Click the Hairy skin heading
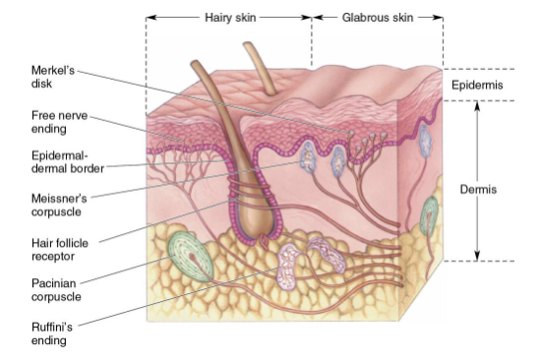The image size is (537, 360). [229, 17]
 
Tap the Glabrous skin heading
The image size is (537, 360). [378, 17]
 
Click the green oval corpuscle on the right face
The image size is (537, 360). [430, 214]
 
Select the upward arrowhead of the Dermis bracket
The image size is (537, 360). [478, 105]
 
